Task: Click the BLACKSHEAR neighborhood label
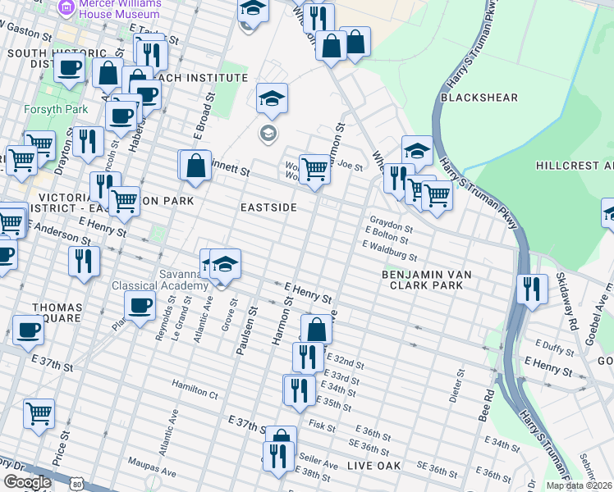click(x=479, y=98)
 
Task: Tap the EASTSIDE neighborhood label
click(x=268, y=207)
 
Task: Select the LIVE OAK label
click(x=373, y=466)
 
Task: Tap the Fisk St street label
click(x=318, y=424)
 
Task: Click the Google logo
click(x=26, y=482)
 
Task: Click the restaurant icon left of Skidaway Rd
click(x=532, y=289)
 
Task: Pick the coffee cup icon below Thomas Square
click(x=28, y=330)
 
